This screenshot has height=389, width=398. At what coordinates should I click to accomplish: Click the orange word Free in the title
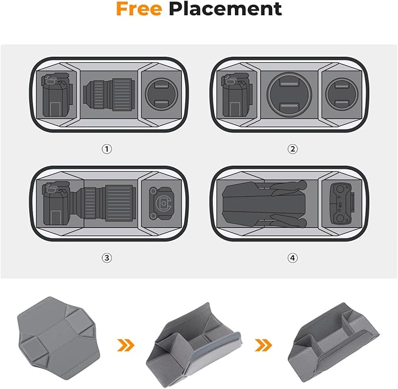click(x=139, y=9)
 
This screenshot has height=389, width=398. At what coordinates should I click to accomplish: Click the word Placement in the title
click(x=226, y=9)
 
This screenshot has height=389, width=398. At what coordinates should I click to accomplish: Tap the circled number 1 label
click(x=107, y=149)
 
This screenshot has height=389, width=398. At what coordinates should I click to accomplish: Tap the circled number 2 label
click(x=292, y=149)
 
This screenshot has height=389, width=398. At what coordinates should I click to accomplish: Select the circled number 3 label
click(x=107, y=258)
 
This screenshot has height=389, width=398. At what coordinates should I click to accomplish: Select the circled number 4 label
click(x=292, y=258)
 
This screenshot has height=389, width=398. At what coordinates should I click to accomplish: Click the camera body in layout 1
click(x=57, y=95)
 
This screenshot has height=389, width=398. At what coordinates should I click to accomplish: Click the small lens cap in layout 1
click(x=161, y=94)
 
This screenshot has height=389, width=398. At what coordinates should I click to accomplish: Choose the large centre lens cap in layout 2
click(x=289, y=94)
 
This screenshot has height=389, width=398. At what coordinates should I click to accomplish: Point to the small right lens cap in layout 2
click(x=342, y=94)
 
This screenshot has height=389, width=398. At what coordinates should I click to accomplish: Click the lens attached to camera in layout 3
click(x=104, y=203)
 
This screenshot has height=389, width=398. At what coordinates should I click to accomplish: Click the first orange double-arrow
click(x=125, y=345)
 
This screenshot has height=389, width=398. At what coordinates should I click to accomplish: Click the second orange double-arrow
click(x=263, y=345)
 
